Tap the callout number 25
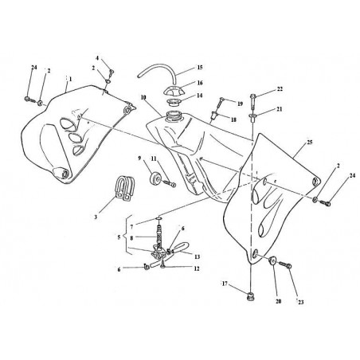pyautogui.click(x=310, y=143)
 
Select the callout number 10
pyautogui.click(x=143, y=98)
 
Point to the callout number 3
pyautogui.click(x=96, y=217)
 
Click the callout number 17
pyautogui.click(x=225, y=284)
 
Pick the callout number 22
pyautogui.click(x=280, y=89)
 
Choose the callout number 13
pyautogui.click(x=197, y=256)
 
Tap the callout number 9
pyautogui.click(x=140, y=158)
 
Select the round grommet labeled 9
pyautogui.click(x=155, y=178)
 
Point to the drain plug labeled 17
pyautogui.click(x=250, y=296)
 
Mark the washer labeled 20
pyautogui.click(x=272, y=260)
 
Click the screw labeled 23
pyautogui.click(x=285, y=264)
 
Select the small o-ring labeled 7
pyautogui.click(x=158, y=218)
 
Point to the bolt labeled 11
pyautogui.click(x=168, y=183)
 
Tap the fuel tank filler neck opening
pyautogui.click(x=174, y=116)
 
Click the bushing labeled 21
pyautogui.click(x=252, y=117)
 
